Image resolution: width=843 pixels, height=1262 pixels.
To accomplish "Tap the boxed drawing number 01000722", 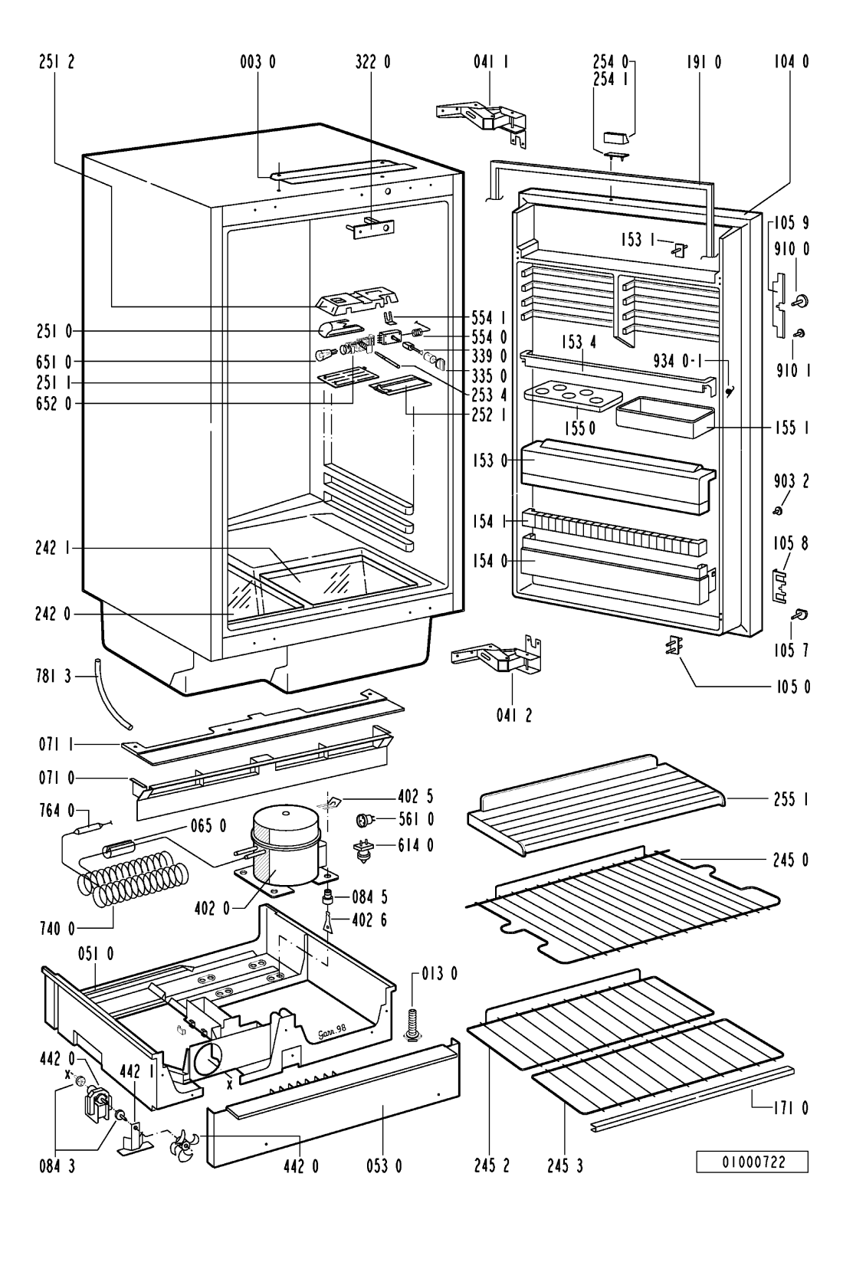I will pyautogui.click(x=752, y=1162).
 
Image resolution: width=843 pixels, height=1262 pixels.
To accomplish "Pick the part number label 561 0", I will pyautogui.click(x=415, y=820).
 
